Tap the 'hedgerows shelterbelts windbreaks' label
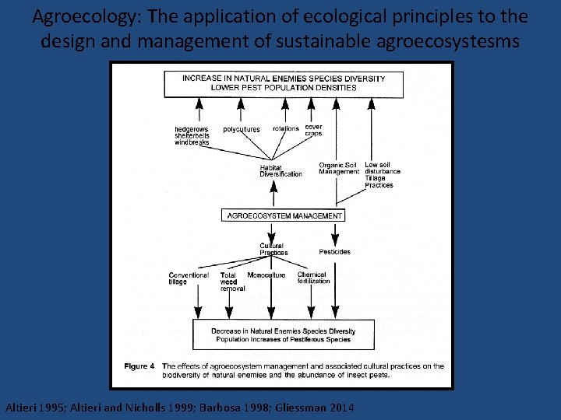192,135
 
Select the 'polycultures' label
242,129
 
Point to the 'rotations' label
286,129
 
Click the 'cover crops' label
313,130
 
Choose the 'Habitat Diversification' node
280,170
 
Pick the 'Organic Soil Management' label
338,168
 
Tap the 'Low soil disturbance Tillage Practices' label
382,175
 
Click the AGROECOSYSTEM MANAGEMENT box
283,215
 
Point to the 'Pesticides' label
334,252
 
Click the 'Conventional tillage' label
189,278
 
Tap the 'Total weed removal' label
231,282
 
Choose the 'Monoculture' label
266,275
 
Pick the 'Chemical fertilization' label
313,278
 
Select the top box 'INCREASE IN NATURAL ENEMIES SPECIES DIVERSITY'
283,83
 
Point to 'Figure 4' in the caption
139,366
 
